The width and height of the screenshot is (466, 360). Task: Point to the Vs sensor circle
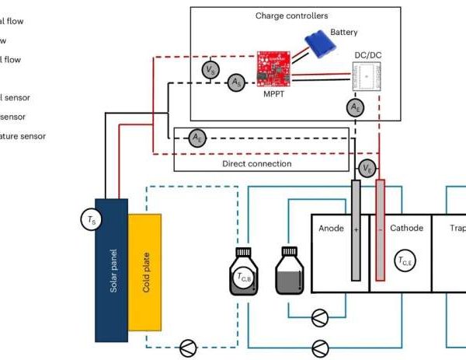pos(209,70)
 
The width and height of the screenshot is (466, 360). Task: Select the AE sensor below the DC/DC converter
pos(355,106)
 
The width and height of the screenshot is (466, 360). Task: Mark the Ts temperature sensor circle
pos(91,221)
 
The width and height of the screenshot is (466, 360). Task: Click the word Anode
pos(331,229)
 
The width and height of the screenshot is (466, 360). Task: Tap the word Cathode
pos(407,229)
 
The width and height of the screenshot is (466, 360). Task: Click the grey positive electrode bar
pos(355,230)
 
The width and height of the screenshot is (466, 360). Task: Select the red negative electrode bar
pos(380,230)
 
